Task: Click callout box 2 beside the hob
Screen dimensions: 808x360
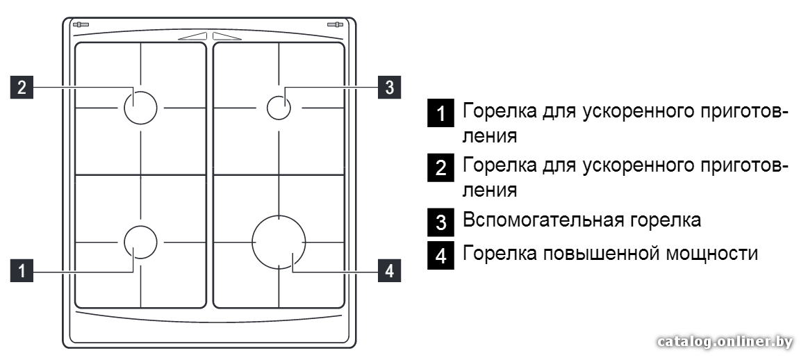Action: coord(22,87)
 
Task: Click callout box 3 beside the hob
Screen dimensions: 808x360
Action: coord(390,87)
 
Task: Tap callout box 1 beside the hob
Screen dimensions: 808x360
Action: coord(22,271)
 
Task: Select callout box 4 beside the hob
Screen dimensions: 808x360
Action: coord(390,271)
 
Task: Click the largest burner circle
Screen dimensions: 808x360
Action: coord(279,215)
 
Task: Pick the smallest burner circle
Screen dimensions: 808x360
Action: coord(279,97)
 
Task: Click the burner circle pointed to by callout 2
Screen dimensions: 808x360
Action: coord(140,92)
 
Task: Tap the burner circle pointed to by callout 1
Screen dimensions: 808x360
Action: coord(140,225)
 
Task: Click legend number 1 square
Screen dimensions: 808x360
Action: coord(440,113)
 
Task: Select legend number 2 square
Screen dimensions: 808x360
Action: coord(440,167)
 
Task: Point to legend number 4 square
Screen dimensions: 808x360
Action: coord(440,256)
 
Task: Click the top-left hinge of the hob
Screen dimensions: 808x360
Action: coord(81,24)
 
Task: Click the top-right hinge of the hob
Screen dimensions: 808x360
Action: coord(335,24)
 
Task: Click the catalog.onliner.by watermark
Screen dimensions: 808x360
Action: coord(725,341)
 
